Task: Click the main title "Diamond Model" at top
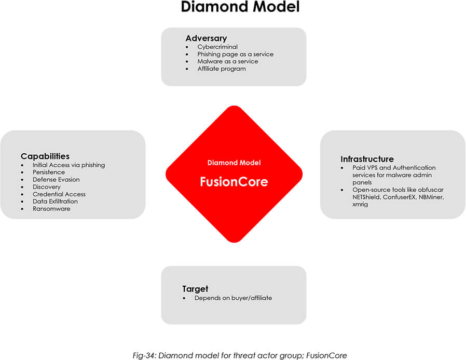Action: [240, 8]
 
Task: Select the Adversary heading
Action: [206, 38]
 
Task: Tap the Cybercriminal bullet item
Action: [217, 47]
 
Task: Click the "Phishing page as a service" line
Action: [235, 54]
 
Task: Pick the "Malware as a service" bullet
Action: [227, 61]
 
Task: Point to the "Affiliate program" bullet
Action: [221, 69]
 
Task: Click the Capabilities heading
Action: [45, 156]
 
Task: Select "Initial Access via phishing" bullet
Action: [68, 165]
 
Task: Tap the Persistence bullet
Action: [49, 172]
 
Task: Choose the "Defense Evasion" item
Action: [56, 180]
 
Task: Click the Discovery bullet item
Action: [47, 187]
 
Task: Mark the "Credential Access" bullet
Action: [59, 194]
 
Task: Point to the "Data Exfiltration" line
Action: [55, 202]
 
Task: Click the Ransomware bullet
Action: [51, 209]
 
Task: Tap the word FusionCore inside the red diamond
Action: [234, 182]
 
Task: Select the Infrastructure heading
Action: [367, 159]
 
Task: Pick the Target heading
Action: [195, 289]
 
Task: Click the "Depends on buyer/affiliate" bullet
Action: [233, 298]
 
